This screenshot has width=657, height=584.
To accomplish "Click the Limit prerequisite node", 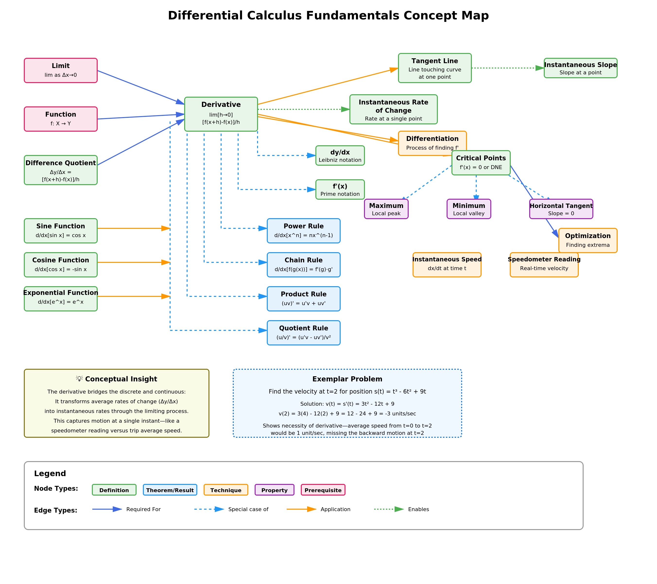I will point(61,70).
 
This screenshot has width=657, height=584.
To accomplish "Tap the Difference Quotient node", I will point(61,170).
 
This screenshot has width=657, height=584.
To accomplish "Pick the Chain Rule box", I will point(303,265).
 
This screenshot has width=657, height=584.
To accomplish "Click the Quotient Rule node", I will point(303,333).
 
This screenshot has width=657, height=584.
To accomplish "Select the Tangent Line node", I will point(435,68).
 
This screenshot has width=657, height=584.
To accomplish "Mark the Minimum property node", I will point(469,209).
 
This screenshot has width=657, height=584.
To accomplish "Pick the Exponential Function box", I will point(61,299).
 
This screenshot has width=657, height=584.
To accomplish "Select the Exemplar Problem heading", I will point(347,379).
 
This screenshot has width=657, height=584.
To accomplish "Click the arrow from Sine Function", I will point(133,229).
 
